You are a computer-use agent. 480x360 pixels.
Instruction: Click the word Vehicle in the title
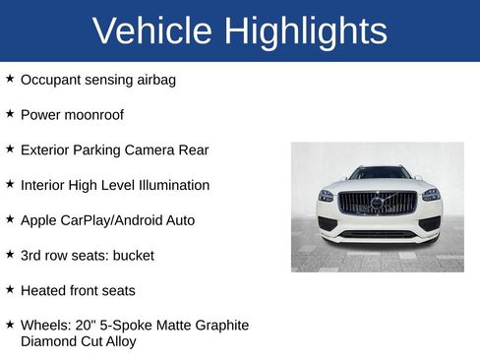coord(151,30)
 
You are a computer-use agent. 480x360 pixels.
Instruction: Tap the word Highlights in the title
coord(306,30)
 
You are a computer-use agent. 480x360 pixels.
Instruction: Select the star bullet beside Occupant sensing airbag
coord(10,79)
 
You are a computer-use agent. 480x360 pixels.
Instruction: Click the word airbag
coord(153,80)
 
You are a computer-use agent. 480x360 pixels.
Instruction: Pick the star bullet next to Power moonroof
coord(10,114)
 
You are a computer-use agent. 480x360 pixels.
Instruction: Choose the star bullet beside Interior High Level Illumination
coord(10,184)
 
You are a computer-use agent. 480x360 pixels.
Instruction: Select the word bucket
coord(133,256)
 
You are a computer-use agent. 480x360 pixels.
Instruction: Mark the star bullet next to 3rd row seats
coord(10,255)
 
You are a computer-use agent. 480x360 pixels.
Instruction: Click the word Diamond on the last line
coord(48,342)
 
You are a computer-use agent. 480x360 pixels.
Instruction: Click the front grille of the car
coord(378,203)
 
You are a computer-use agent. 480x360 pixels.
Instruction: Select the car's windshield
coord(378,174)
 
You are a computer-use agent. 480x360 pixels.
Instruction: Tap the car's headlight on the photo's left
coord(327,196)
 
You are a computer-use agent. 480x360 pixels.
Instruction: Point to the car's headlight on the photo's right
coord(430,195)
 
